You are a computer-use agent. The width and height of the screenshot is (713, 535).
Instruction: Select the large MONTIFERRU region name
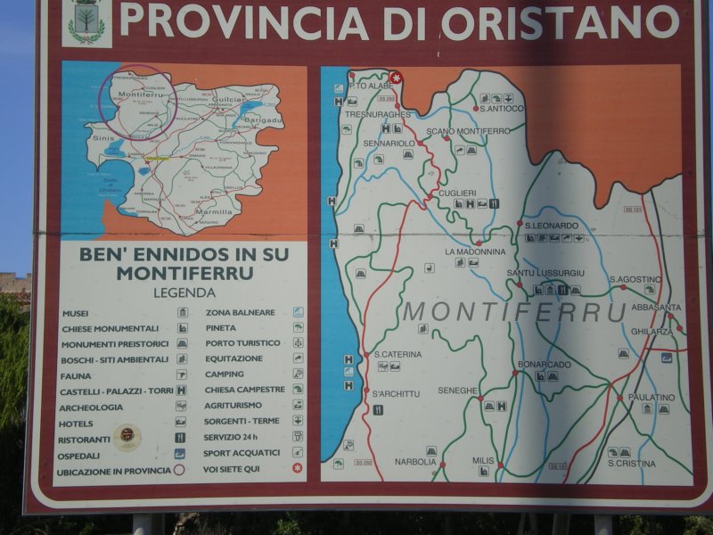[515, 311]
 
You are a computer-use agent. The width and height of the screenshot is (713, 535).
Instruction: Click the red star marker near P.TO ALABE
[396, 78]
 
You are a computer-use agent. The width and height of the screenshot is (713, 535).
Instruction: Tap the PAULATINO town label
[651, 397]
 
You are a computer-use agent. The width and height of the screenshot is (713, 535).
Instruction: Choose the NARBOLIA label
[415, 462]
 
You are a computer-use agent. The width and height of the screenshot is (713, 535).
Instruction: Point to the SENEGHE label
[458, 391]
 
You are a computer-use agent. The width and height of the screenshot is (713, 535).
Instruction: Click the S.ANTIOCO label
[501, 109]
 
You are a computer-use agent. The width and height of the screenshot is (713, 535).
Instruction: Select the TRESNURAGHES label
[380, 114]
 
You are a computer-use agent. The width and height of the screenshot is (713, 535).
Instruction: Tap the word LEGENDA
[184, 292]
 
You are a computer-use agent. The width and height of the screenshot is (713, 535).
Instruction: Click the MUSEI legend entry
[76, 313]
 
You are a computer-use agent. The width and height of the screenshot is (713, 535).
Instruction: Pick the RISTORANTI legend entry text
[84, 439]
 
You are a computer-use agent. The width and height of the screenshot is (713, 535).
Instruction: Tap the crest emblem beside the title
[86, 21]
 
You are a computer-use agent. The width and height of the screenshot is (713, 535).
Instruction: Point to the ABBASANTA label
[656, 308]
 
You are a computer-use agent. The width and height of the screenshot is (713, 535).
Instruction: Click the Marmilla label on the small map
[213, 212]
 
